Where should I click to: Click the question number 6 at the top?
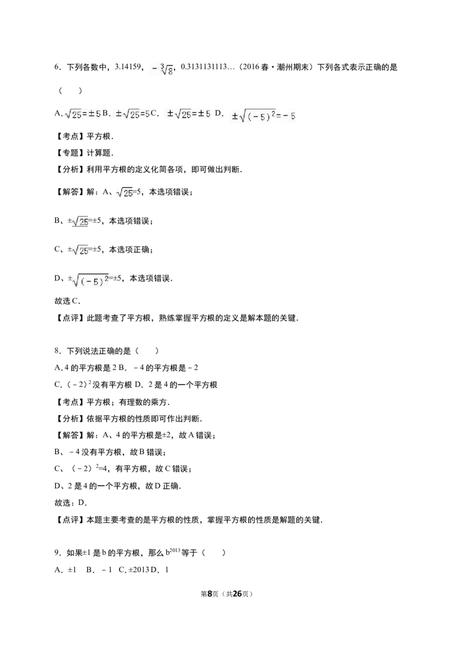(x=57, y=67)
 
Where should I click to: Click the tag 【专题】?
(x=70, y=153)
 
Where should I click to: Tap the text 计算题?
(x=100, y=153)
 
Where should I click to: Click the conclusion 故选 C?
(x=67, y=301)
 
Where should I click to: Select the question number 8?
(x=57, y=351)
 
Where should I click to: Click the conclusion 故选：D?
(x=70, y=503)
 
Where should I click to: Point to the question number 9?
(x=57, y=553)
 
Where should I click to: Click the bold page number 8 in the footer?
(x=210, y=594)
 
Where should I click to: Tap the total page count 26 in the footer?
(x=237, y=594)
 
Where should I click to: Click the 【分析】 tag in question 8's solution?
(x=70, y=419)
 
